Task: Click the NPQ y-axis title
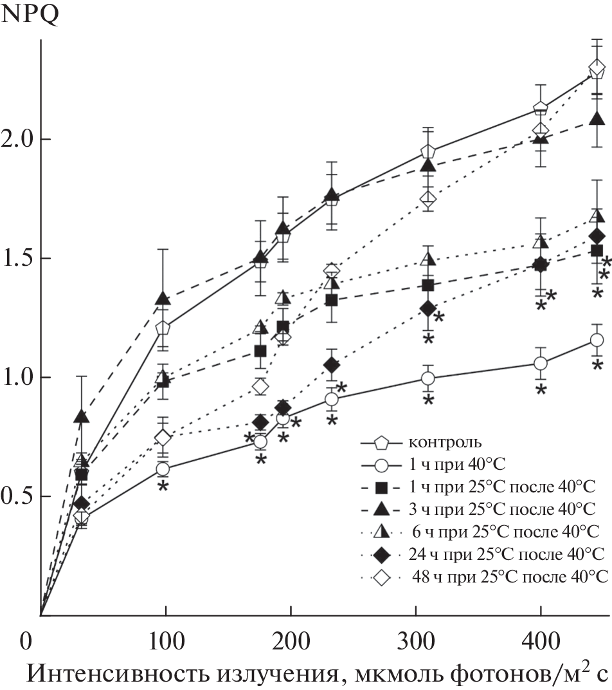click(x=31, y=14)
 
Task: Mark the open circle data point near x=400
click(x=541, y=364)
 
